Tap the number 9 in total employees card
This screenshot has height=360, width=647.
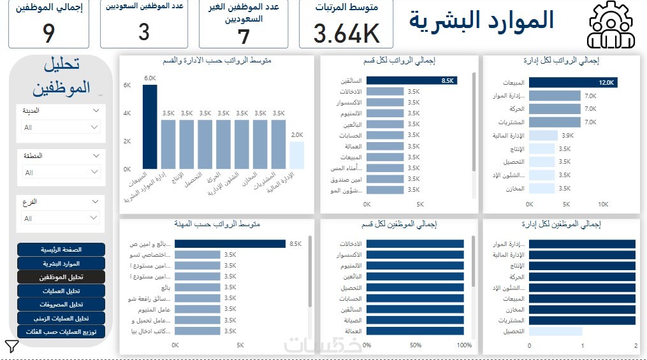coord(48,33)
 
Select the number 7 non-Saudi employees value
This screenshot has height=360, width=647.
coord(244,36)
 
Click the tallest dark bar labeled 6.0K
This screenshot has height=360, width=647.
coord(150,127)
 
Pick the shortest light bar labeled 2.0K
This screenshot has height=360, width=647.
coord(296,155)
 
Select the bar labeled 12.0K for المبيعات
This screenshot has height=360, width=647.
coord(573,82)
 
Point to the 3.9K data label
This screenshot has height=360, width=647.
coord(567,135)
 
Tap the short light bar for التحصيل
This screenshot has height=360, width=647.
coord(555,331)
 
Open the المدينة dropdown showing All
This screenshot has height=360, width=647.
coord(59,127)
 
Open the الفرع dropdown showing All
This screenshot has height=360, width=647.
coord(59,219)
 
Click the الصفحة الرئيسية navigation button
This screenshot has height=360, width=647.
coord(61,250)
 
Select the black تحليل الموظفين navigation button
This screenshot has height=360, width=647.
coord(61,277)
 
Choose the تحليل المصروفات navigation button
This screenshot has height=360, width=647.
coord(61,305)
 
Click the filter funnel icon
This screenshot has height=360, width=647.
coord(12,346)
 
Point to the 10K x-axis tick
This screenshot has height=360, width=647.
coord(603,205)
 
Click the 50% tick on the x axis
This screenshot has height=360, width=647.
coord(415,345)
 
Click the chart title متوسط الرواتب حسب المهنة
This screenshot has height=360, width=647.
coord(217,224)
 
